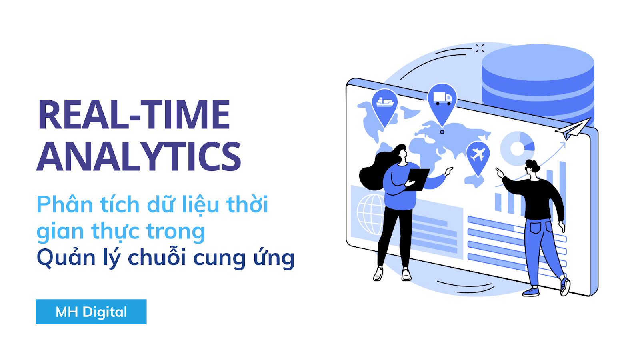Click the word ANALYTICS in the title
click(x=139, y=156)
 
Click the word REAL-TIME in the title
click(x=134, y=114)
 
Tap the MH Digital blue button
click(x=91, y=312)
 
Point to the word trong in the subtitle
click(x=176, y=232)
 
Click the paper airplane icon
click(x=572, y=129)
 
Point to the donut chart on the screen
click(x=517, y=148)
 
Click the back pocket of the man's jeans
click(x=536, y=227)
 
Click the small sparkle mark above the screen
click(x=480, y=48)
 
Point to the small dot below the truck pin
click(x=442, y=132)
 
